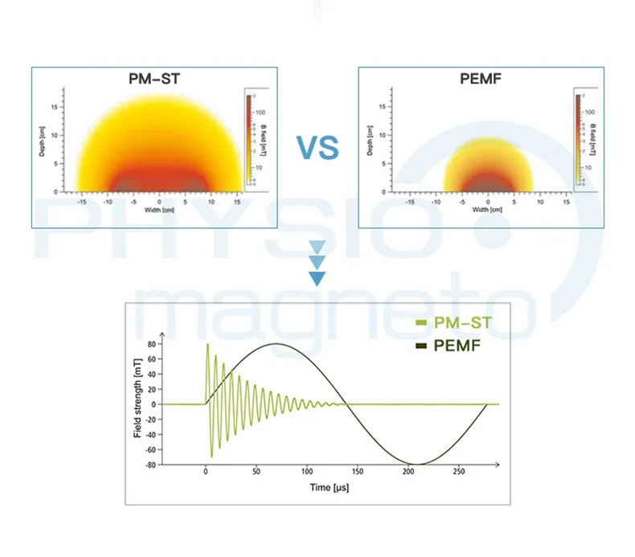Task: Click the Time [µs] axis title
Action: click(x=330, y=487)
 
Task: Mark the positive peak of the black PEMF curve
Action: click(x=276, y=344)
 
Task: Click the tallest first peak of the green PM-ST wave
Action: click(x=207, y=345)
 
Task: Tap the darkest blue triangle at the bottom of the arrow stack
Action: click(x=317, y=279)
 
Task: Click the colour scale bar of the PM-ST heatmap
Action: click(x=250, y=140)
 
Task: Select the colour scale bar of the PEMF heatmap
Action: click(x=577, y=140)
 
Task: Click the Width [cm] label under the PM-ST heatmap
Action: click(x=160, y=210)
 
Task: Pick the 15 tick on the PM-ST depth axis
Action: click(x=54, y=107)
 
